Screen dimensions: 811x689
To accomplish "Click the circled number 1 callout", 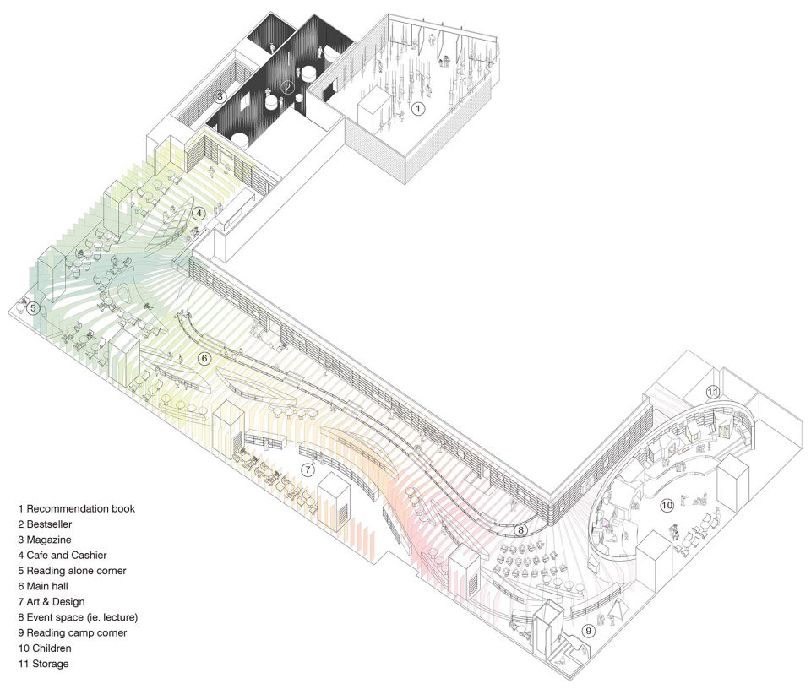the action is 418,109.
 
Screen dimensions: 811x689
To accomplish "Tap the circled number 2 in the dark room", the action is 288,87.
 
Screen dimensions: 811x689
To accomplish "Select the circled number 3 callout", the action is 220,96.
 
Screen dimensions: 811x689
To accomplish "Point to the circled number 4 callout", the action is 199,213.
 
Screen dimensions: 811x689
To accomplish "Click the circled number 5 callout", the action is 33,308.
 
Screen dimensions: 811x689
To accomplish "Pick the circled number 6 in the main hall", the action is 204,358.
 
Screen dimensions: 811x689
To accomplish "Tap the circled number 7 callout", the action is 308,469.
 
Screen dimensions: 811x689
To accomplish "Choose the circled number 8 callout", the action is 521,529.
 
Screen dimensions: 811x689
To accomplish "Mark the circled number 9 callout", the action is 588,631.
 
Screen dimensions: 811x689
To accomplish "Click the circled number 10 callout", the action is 667,505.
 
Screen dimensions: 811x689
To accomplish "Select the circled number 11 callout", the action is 713,392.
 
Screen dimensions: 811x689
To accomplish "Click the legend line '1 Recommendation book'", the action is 77,508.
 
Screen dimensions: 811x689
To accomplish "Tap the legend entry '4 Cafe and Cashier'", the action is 63,555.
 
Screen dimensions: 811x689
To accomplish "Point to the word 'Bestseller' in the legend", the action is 49,524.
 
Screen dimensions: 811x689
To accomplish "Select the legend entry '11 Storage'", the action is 43,664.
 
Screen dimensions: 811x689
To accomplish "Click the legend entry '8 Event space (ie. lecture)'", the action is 78,617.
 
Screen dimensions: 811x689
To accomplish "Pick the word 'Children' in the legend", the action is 52,648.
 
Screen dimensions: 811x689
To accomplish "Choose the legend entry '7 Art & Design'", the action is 52,602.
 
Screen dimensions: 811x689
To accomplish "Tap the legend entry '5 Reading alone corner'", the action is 72,571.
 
